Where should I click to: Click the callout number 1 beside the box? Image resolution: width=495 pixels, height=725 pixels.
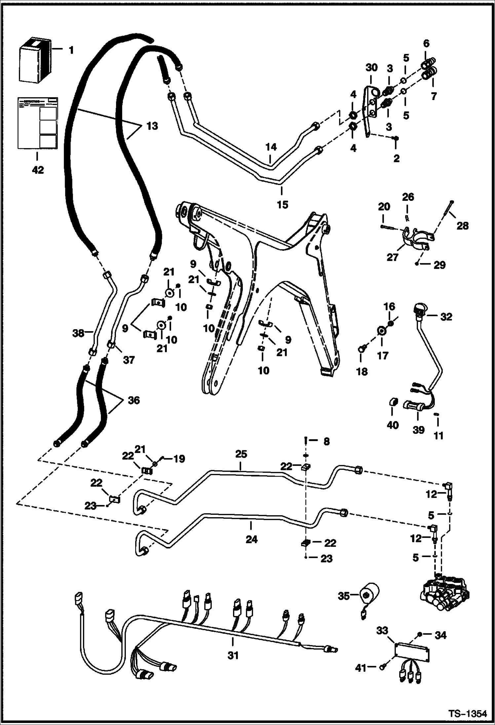tap(71, 51)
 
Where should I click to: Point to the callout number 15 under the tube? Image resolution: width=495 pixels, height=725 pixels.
tap(283, 205)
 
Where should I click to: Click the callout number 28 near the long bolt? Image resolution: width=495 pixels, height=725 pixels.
tap(463, 226)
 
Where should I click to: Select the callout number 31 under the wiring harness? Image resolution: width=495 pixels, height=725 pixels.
tap(233, 655)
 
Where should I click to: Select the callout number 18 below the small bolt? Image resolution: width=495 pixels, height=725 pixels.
tap(362, 372)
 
